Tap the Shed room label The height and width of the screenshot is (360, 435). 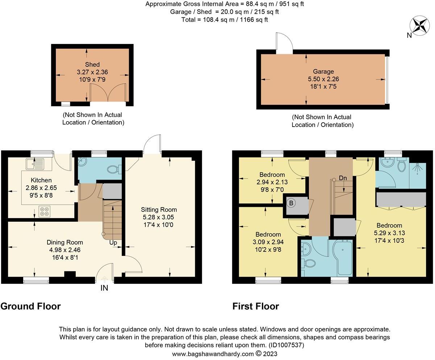(92, 65)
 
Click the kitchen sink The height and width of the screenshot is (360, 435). (35, 164)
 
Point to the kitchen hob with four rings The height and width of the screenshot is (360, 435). (44, 211)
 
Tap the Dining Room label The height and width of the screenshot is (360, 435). (65, 242)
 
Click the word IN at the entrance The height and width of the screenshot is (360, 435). (104, 288)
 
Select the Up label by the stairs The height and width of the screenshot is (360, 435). (113, 243)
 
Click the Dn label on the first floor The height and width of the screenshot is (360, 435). (343, 178)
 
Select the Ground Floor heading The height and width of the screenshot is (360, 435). (30, 306)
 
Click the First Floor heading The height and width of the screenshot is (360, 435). (256, 306)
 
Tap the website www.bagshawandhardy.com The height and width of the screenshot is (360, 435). (213, 354)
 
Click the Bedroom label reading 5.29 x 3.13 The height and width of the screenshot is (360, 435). (389, 233)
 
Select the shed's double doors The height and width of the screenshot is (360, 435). (108, 93)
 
